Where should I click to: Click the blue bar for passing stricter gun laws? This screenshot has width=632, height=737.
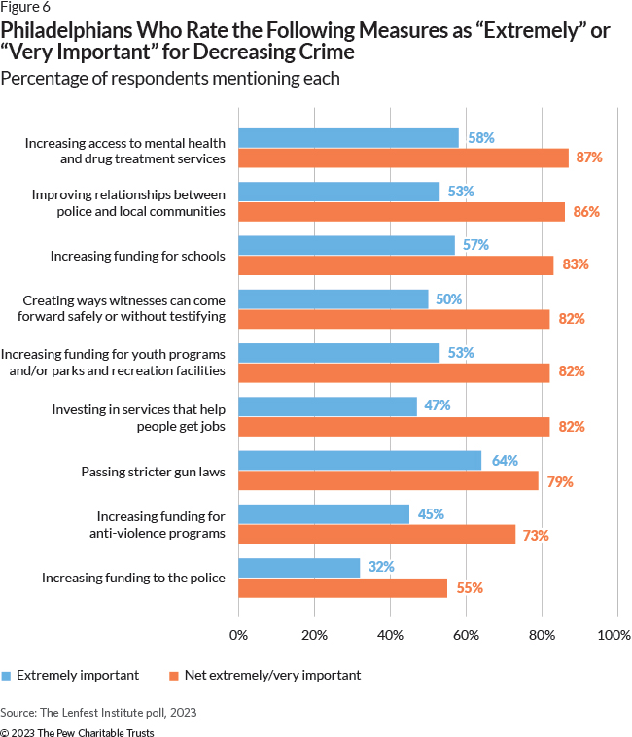360,460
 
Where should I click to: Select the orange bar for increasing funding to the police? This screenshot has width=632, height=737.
342,587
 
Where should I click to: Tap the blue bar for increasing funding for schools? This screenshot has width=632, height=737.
346,245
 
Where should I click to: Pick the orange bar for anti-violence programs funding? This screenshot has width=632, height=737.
377,534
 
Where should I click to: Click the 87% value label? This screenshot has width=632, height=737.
589,158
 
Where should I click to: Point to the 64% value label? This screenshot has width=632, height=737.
505,460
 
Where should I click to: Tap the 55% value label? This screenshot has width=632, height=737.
466,587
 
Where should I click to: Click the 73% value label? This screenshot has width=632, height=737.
537,534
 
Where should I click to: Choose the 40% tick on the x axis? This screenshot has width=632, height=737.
390,635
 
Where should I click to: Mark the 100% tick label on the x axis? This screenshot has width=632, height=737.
614,635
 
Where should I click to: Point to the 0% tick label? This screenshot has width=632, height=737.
238,635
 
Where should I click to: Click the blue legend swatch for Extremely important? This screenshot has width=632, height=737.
7,675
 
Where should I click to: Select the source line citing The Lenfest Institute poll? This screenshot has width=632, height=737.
98,712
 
